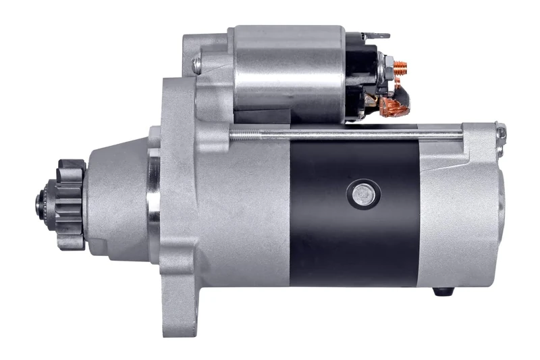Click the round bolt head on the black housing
click(x=363, y=194)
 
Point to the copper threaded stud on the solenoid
click(x=400, y=68)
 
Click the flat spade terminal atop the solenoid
click(x=377, y=34)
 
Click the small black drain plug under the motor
click(x=443, y=292)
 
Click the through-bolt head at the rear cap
click(x=500, y=132)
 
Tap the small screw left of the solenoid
click(x=197, y=65)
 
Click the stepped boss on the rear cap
click(x=501, y=203)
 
